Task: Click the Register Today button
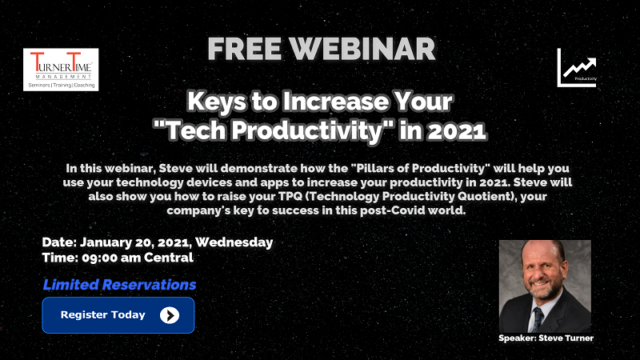(118, 315)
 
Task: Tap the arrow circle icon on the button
(170, 315)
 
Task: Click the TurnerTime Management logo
(61, 70)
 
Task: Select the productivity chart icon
(577, 68)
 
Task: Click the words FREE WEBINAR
(322, 49)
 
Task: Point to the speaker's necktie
(537, 318)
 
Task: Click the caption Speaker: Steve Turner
(546, 338)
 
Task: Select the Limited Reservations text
(119, 285)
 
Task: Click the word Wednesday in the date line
(234, 242)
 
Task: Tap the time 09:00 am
(111, 258)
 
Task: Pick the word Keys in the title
(217, 102)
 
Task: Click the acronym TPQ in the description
(290, 196)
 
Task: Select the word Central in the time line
(169, 258)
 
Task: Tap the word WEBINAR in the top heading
(363, 49)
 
